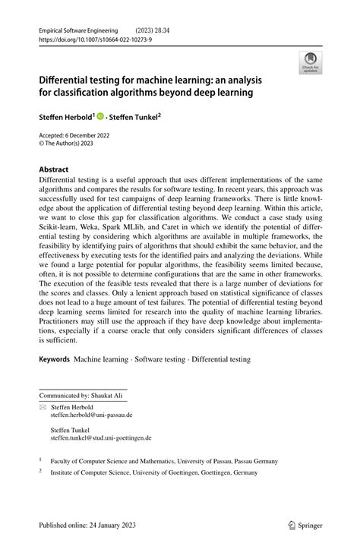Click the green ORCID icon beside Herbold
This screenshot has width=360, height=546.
100,117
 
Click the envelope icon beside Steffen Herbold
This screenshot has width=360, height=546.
43,407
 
